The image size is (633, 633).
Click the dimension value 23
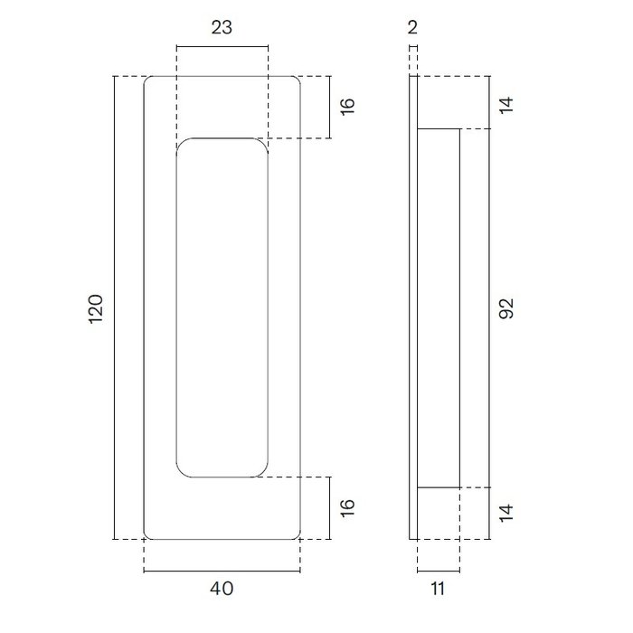click(222, 27)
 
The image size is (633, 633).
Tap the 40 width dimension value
click(222, 589)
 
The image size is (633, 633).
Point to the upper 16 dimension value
click(348, 108)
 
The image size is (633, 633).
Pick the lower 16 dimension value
click(348, 507)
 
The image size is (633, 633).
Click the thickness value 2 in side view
click(412, 27)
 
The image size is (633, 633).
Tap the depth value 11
click(438, 589)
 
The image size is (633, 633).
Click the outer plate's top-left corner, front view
click(147, 81)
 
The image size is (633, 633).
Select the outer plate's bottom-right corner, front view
click(297, 535)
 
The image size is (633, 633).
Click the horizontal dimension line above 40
click(222, 572)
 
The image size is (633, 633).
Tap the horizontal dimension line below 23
click(222, 46)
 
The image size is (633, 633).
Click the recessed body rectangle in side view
click(439, 307)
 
